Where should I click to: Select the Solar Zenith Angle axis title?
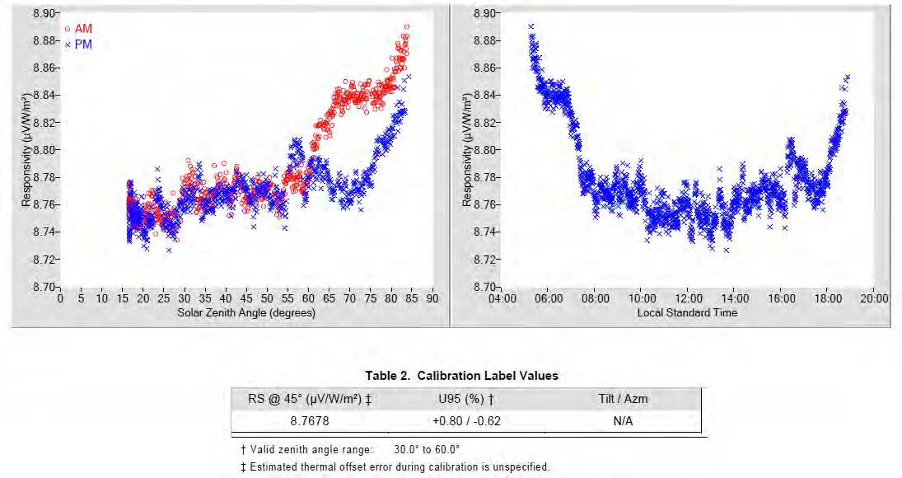(x=245, y=313)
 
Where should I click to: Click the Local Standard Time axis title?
(x=687, y=313)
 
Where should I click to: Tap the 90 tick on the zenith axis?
(x=432, y=298)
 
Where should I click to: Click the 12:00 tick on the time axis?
(x=689, y=298)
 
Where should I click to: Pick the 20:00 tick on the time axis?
(x=875, y=298)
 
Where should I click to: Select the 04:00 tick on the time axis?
(x=502, y=298)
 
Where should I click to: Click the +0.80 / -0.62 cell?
(x=465, y=420)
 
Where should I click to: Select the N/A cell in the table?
(x=623, y=420)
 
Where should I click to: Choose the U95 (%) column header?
(x=465, y=400)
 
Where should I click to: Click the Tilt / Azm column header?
(x=623, y=400)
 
